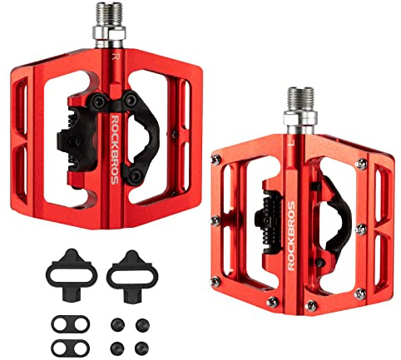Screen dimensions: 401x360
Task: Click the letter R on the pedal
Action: pos(116,57)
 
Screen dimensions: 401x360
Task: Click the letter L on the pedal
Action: pos(291,143)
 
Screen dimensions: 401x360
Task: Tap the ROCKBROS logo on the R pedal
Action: pos(115,150)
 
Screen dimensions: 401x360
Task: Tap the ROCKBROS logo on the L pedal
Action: pos(291,236)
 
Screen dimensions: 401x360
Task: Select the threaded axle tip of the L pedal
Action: pos(301,99)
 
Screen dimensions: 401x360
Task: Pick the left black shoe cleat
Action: pos(72,274)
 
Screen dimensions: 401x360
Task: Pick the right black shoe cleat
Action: pos(132,276)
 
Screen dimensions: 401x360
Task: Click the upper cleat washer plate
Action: pos(71,324)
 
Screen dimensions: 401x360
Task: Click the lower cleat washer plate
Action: pos(71,348)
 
